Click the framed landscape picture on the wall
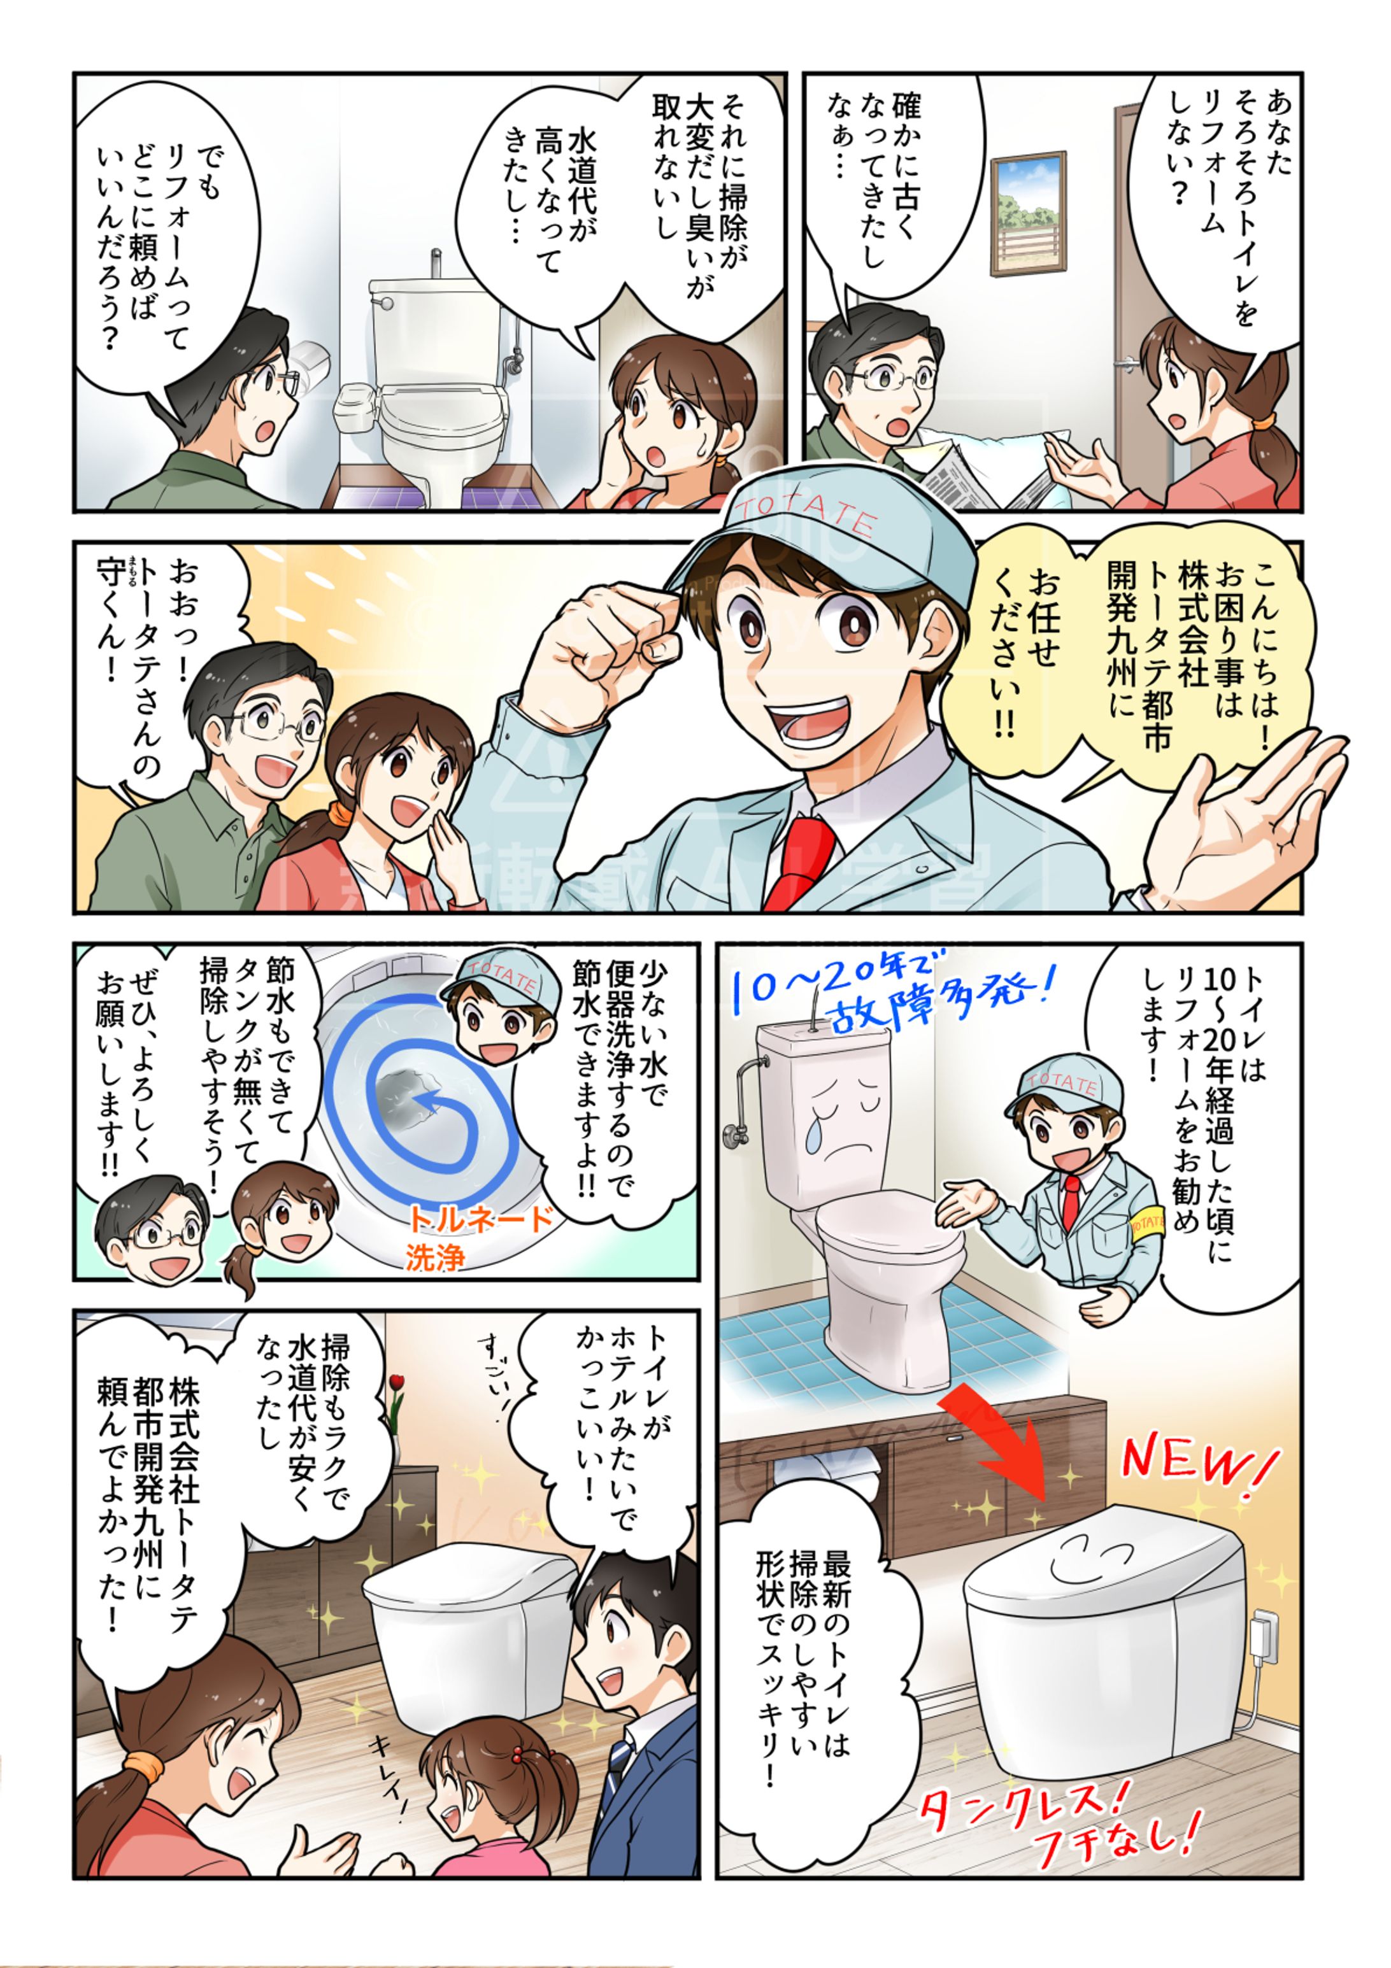pos(1027,213)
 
